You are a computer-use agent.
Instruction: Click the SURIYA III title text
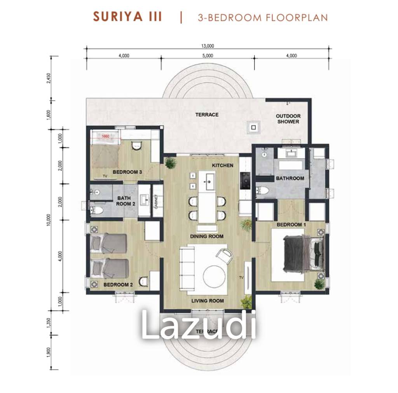127,17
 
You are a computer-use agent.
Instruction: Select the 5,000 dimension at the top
208,55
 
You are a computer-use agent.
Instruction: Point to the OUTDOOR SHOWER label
288,119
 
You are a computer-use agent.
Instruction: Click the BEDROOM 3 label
127,171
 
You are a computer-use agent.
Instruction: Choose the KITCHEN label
223,165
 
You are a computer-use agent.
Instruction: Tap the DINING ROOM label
207,236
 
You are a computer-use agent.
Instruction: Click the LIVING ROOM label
208,301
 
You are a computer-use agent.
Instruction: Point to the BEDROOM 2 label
118,285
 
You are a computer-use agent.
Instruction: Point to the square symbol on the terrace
253,127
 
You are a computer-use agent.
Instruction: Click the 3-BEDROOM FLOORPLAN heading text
262,17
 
